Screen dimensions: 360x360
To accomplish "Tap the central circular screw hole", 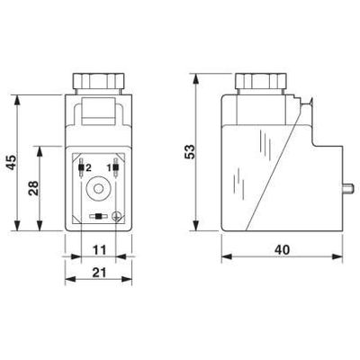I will (99, 192).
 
